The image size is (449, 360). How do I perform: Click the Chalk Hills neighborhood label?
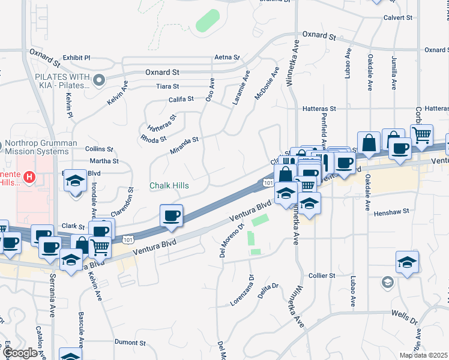pyautogui.click(x=169, y=186)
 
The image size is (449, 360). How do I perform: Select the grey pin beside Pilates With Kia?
pyautogui.click(x=99, y=78)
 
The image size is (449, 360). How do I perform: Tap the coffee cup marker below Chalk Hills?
pyautogui.click(x=172, y=217)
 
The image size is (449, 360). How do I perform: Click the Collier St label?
pyautogui.click(x=322, y=275)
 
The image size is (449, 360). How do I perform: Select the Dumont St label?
pyautogui.click(x=127, y=341)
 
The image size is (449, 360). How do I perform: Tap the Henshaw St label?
pyautogui.click(x=391, y=212)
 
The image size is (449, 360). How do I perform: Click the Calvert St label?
pyautogui.click(x=397, y=18)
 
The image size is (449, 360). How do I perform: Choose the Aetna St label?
pyautogui.click(x=227, y=58)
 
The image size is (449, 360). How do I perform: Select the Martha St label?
pyautogui.click(x=104, y=161)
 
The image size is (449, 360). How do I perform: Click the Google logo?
pyautogui.click(x=20, y=353)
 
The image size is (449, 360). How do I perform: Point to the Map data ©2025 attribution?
pyautogui.click(x=423, y=355)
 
